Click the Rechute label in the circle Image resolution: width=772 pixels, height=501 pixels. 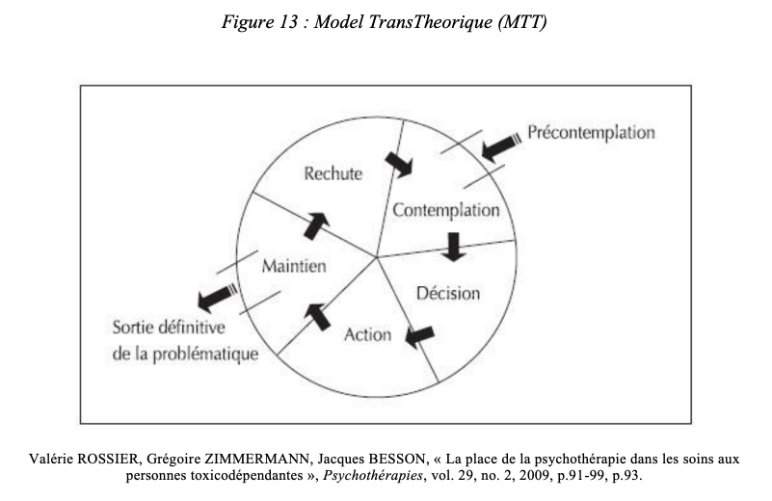(x=333, y=173)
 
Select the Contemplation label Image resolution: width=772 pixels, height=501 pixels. (x=446, y=210)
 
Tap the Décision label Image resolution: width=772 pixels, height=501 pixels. (x=448, y=293)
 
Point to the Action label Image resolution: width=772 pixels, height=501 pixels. (x=368, y=334)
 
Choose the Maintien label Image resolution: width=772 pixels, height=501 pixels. (x=294, y=266)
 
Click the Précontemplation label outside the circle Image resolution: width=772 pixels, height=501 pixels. (x=592, y=132)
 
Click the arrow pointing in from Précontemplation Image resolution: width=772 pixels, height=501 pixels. (x=501, y=146)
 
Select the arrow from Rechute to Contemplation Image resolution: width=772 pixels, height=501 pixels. (x=399, y=164)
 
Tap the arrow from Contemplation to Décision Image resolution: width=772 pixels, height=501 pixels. (x=453, y=247)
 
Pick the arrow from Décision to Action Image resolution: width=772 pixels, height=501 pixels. (x=419, y=336)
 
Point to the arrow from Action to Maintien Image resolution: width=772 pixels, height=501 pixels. (x=317, y=316)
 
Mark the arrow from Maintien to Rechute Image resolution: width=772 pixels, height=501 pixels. (x=316, y=226)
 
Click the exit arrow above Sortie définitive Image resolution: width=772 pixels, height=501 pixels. (x=218, y=298)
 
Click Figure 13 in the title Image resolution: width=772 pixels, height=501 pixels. (x=260, y=22)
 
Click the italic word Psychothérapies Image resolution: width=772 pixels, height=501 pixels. (x=373, y=476)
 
